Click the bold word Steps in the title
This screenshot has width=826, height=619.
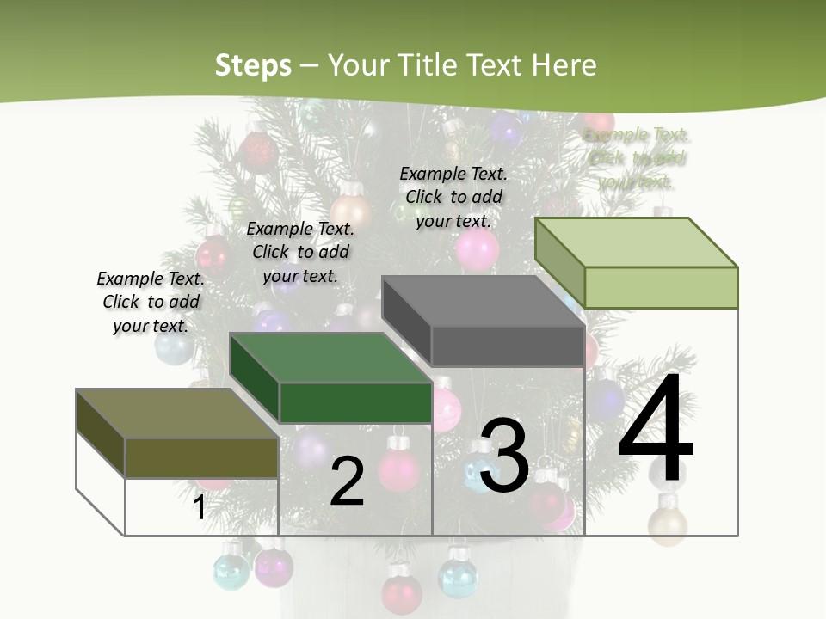[x=253, y=65]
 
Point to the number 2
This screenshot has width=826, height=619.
[x=347, y=481]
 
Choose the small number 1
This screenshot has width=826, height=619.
[x=199, y=507]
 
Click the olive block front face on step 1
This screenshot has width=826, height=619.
[x=201, y=457]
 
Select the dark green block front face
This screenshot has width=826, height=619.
[x=355, y=402]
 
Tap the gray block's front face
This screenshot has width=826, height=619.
[x=508, y=346]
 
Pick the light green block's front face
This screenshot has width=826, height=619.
[x=661, y=287]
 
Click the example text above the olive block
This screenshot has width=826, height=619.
[x=151, y=302]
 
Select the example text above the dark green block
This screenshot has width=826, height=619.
[x=300, y=252]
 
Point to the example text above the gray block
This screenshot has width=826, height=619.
[x=453, y=197]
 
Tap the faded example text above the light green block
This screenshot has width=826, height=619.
[x=637, y=158]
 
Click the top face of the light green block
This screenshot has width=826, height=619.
[x=637, y=242]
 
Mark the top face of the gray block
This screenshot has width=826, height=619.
[x=484, y=301]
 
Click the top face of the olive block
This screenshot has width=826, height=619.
[x=176, y=414]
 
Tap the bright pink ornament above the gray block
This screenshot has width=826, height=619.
[x=477, y=249]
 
